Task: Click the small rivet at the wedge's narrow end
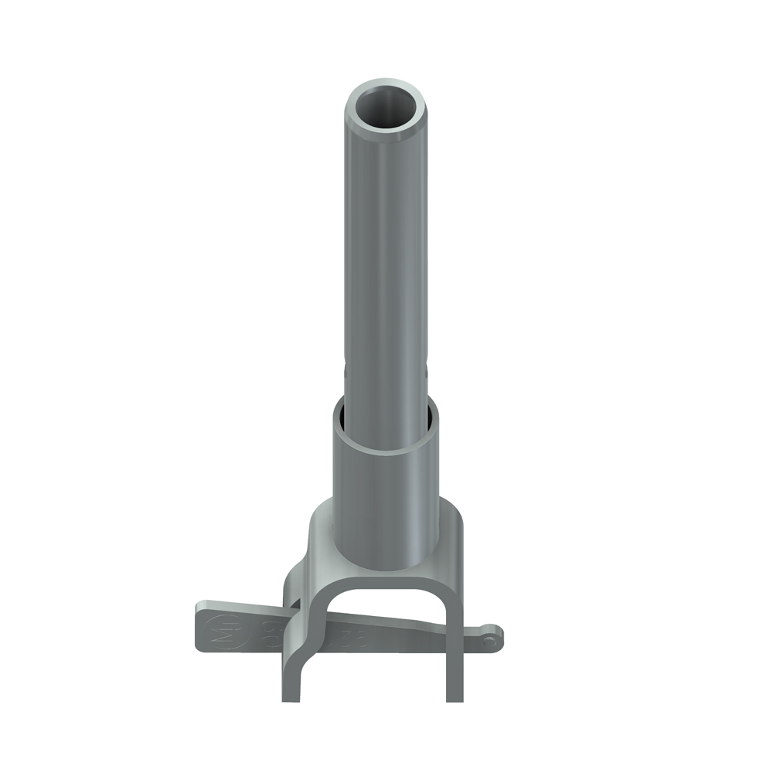[x=489, y=639]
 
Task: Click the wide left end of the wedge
[x=203, y=626]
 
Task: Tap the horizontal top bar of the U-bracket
[x=386, y=581]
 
